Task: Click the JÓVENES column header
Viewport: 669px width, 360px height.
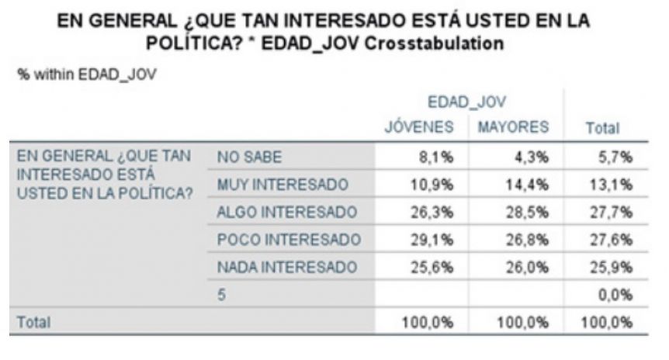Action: pyautogui.click(x=419, y=126)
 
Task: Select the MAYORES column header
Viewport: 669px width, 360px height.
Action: pyautogui.click(x=513, y=126)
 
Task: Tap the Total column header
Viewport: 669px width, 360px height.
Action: pyautogui.click(x=602, y=128)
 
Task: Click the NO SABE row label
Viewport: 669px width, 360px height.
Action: pyautogui.click(x=250, y=157)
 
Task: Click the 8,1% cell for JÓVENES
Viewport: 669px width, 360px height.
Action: pyautogui.click(x=435, y=157)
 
